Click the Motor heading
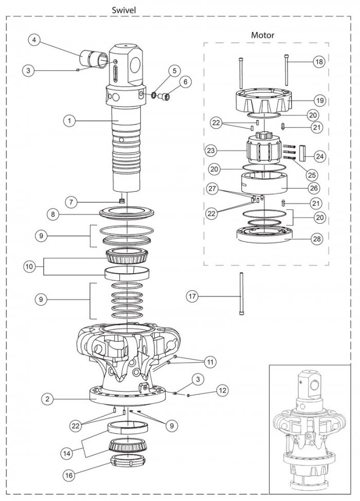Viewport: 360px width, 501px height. [262, 35]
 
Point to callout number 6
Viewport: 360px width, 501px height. [184, 81]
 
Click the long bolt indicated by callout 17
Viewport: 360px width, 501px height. [240, 296]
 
